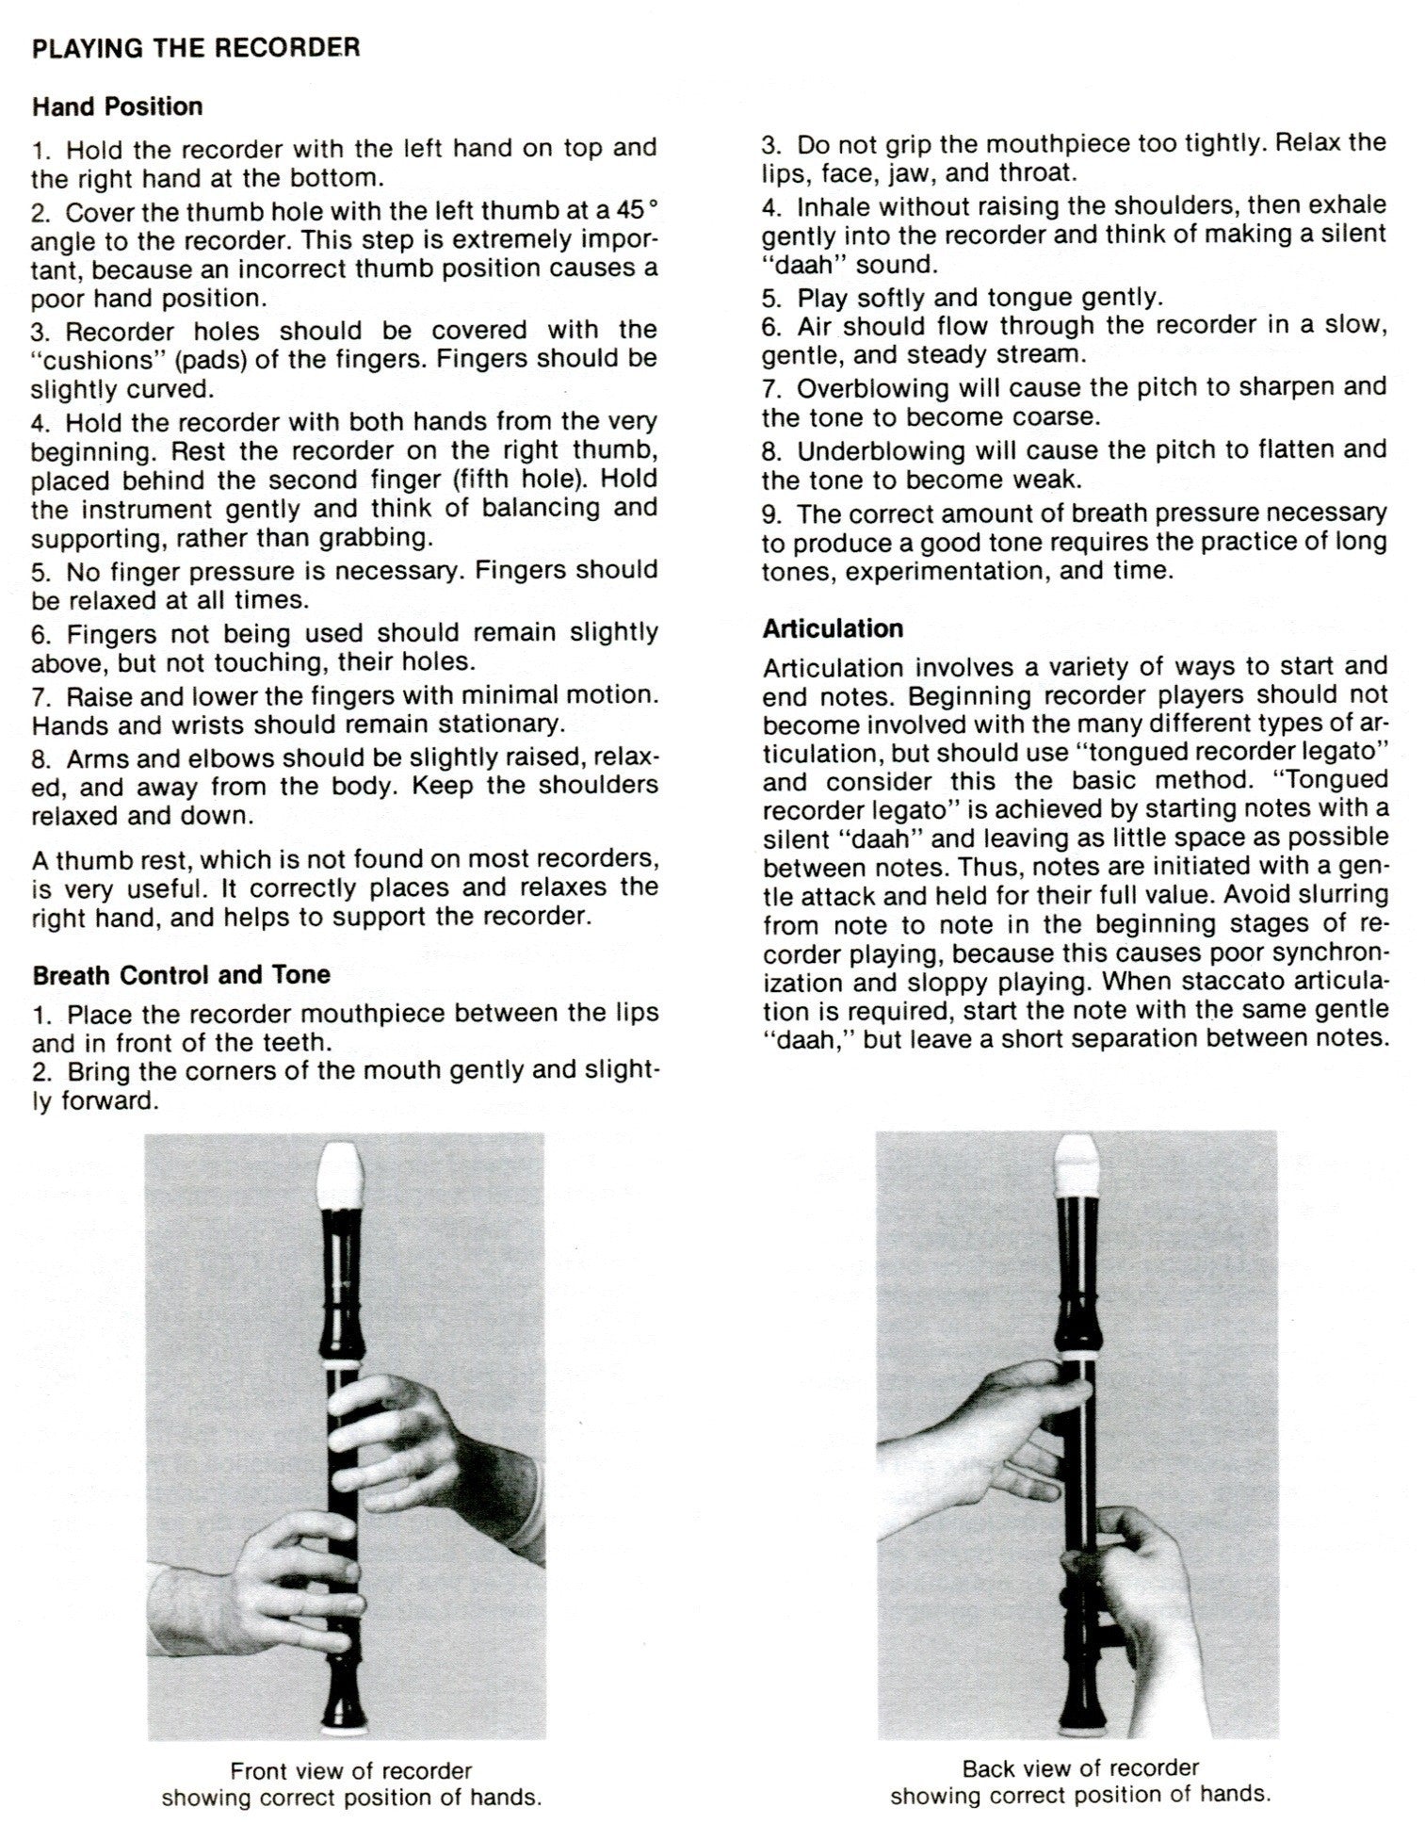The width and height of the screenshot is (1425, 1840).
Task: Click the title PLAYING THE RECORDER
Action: coord(196,48)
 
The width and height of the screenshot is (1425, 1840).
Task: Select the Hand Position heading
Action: coord(117,106)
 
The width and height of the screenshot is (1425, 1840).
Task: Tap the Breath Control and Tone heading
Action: coord(181,974)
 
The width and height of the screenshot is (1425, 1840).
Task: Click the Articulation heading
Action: coord(833,628)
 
